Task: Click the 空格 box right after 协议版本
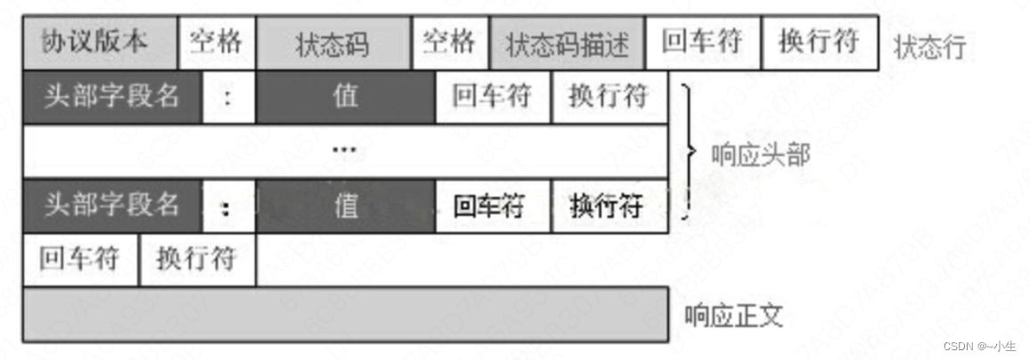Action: coord(217,43)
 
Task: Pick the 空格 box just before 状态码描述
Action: coord(450,43)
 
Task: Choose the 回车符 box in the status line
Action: coord(701,43)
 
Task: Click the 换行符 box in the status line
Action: coord(818,43)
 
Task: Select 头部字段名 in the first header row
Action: coord(112,96)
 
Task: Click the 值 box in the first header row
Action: coord(345,96)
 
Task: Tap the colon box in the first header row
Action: coord(229,96)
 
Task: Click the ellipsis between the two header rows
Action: coord(345,150)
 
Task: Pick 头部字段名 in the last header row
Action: coord(112,206)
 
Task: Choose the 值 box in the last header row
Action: coord(345,206)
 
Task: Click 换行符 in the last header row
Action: coord(609,206)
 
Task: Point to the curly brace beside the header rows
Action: coord(688,151)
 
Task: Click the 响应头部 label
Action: coord(760,155)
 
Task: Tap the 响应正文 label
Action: coord(734,315)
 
